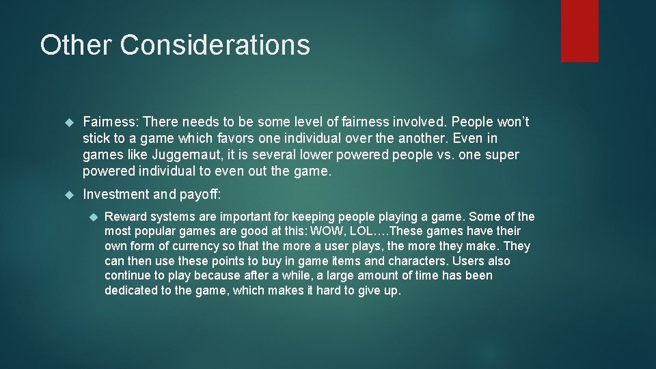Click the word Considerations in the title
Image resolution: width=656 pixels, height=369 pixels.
point(215,45)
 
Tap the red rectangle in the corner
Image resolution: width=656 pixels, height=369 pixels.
point(579,31)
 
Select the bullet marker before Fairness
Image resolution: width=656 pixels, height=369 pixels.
point(68,123)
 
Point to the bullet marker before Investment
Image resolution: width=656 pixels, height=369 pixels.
point(68,195)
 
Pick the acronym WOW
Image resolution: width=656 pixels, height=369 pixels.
point(328,232)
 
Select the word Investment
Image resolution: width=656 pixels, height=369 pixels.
point(115,195)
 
